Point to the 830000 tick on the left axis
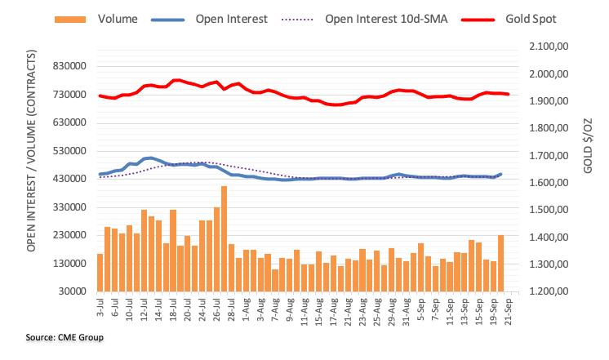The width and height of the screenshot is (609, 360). point(68,67)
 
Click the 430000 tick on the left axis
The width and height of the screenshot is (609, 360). point(68,179)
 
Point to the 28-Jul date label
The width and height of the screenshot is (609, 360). point(232,311)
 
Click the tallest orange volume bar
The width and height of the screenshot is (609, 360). point(224,238)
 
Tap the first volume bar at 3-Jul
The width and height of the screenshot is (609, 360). point(100,273)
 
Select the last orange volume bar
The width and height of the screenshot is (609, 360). point(500,263)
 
